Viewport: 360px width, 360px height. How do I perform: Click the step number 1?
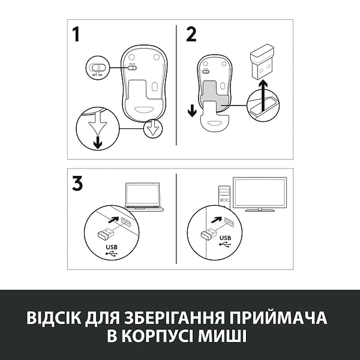pos(76,34)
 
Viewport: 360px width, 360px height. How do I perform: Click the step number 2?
pos(191,34)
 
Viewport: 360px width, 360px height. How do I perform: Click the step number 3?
pos(77,184)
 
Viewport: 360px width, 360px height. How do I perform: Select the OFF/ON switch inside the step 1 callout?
pos(97,67)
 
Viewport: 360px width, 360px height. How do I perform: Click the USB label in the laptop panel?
pos(110,246)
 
